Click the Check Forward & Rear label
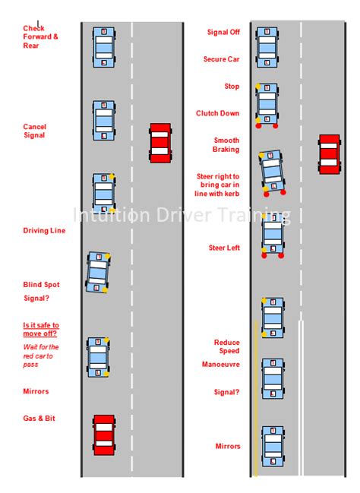[x=40, y=37]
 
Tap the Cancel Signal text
[x=34, y=131]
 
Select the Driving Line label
[x=44, y=231]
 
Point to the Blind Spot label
[x=41, y=285]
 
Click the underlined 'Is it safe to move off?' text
[x=40, y=329]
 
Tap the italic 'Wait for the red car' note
[x=40, y=356]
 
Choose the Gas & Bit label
[x=39, y=419]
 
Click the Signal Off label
[x=223, y=33]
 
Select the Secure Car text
[x=221, y=59]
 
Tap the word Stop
[x=232, y=87]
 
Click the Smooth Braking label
[x=226, y=145]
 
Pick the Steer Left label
[x=224, y=248]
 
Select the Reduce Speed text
[x=226, y=346]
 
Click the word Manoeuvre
[x=222, y=365]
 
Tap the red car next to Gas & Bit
[x=104, y=434]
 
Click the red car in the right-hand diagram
[x=329, y=153]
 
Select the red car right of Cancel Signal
[x=159, y=142]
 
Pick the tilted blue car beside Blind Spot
[x=97, y=272]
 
